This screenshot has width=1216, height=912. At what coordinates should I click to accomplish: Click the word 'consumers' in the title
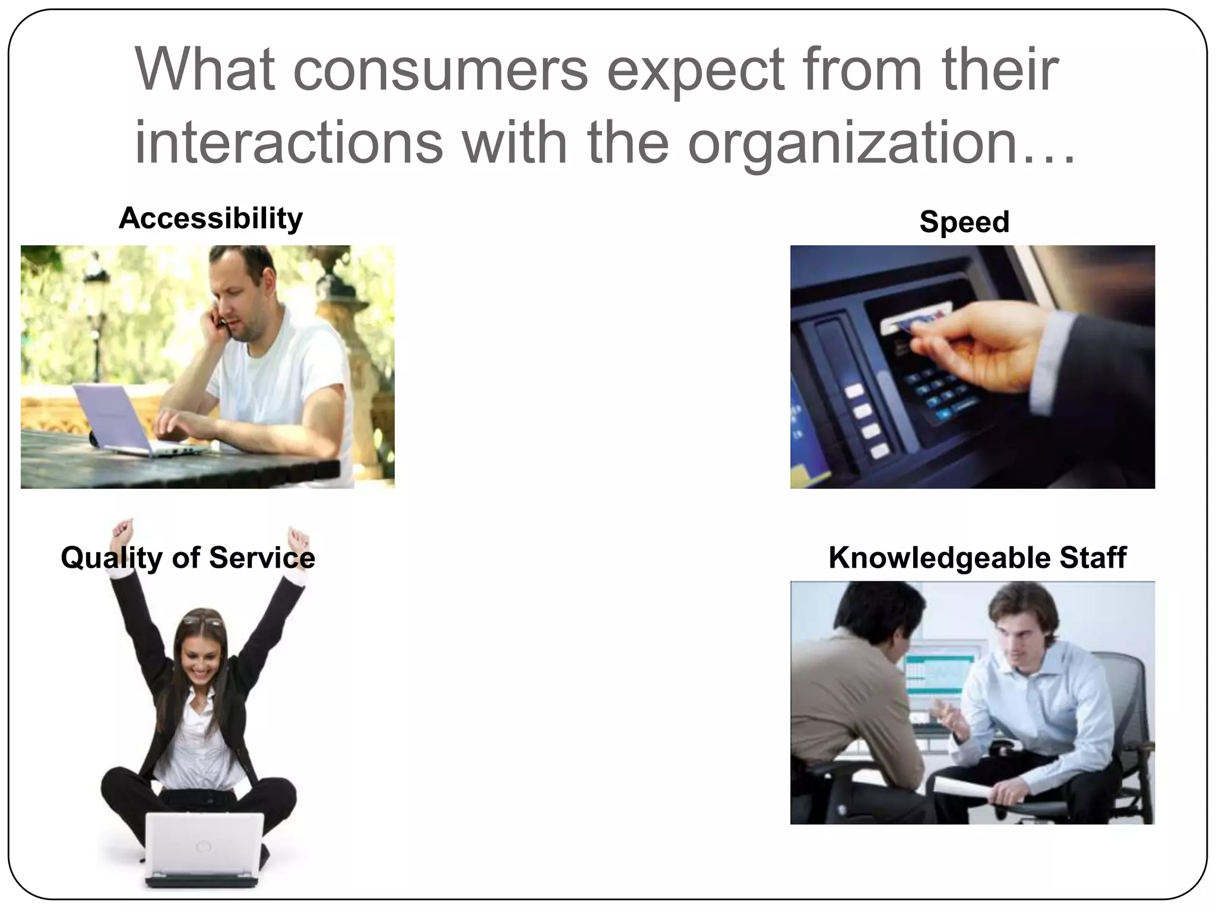(440, 69)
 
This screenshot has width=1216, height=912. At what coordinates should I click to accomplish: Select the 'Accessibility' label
(210, 218)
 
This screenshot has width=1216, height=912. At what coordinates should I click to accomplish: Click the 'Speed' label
(964, 222)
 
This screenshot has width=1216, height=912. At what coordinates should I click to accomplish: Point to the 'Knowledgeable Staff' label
(977, 558)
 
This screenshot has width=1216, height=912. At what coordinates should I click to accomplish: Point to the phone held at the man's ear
(222, 321)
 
